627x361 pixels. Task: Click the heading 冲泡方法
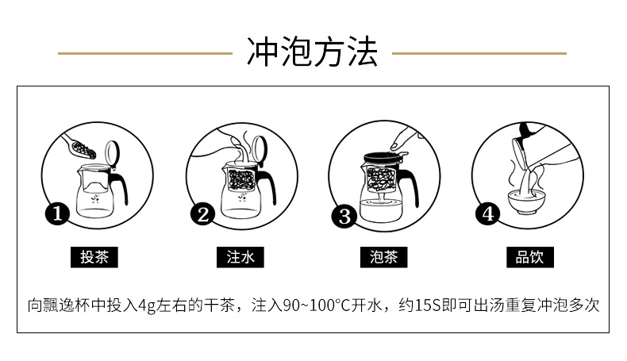click(x=312, y=52)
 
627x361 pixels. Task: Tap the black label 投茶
click(x=94, y=257)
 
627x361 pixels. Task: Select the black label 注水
click(x=240, y=257)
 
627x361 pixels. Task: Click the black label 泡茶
click(x=384, y=257)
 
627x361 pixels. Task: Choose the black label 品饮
click(x=530, y=257)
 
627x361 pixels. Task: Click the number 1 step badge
click(x=58, y=213)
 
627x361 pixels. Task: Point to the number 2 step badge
click(x=202, y=214)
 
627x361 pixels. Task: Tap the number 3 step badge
click(x=344, y=217)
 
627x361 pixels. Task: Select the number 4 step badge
click(x=487, y=214)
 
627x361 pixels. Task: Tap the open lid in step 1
click(x=112, y=154)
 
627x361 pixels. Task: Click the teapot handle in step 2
click(x=268, y=185)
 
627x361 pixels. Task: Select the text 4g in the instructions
click(x=146, y=305)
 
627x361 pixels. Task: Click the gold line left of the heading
click(x=145, y=53)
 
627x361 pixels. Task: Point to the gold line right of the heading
click(x=479, y=53)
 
